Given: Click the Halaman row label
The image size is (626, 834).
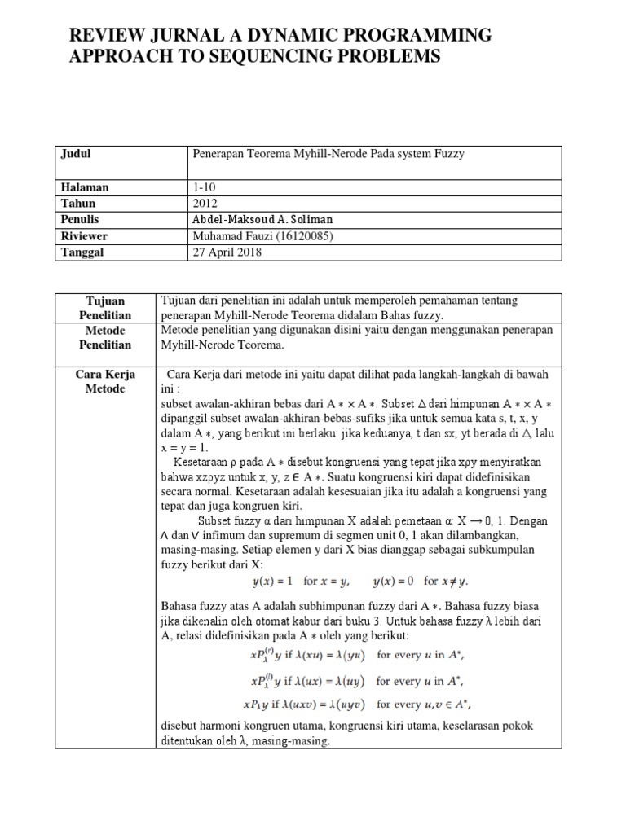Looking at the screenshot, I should click(x=84, y=187).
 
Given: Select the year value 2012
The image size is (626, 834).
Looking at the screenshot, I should click(x=205, y=204).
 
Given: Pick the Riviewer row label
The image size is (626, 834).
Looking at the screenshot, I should click(x=85, y=236).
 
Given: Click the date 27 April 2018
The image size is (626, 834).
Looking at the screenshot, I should click(x=225, y=252).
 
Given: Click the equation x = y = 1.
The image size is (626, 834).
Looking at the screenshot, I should click(x=185, y=448).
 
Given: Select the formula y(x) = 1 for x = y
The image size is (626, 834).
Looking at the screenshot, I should click(x=301, y=582).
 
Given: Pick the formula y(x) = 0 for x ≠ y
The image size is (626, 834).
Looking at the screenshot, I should click(x=421, y=582).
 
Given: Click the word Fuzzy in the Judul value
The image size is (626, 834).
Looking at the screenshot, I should click(x=447, y=153).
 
